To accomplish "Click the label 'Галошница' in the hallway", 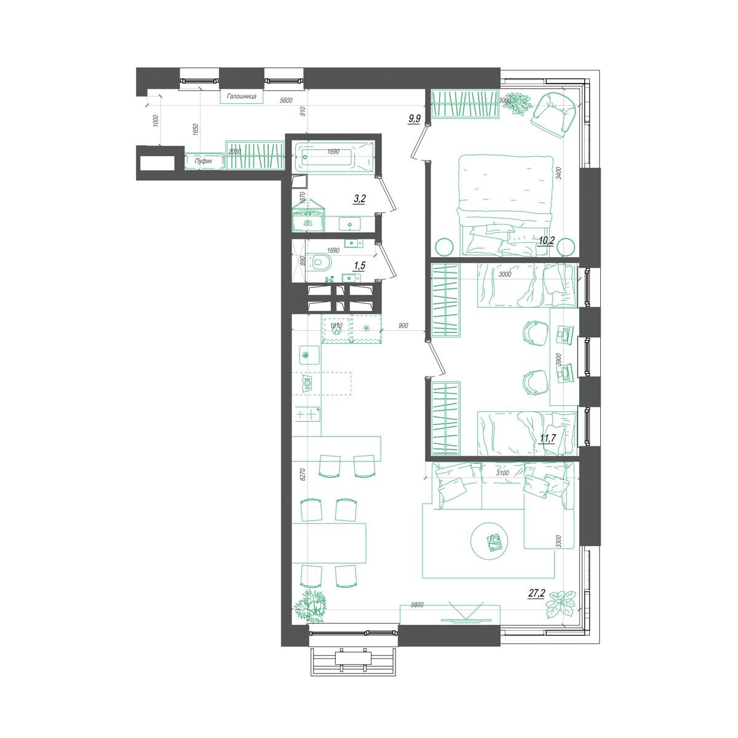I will (x=242, y=97).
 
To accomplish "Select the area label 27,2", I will (x=536, y=593).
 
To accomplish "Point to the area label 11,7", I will (x=547, y=438).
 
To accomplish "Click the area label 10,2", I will (x=546, y=240).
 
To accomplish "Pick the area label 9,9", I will (x=414, y=119).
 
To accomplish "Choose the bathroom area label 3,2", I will (x=360, y=199).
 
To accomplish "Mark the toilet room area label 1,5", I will (x=359, y=265).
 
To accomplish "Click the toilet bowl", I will (x=320, y=263).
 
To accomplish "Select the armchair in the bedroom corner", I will (x=554, y=114).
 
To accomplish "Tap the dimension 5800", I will (x=417, y=605).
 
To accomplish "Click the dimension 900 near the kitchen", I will (x=403, y=325).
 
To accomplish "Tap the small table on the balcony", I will (x=354, y=657).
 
